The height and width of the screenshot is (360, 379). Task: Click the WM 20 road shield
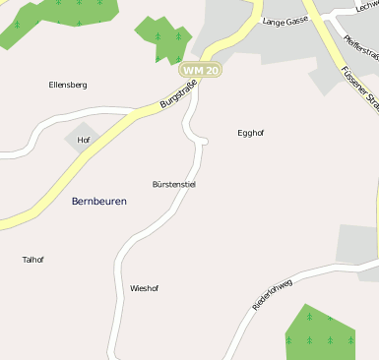click(x=200, y=71)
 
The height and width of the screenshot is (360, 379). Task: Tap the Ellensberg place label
click(x=68, y=86)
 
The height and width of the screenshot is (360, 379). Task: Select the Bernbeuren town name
click(x=99, y=201)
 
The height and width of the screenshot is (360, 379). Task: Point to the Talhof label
click(x=32, y=260)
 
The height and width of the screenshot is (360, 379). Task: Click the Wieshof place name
click(x=144, y=288)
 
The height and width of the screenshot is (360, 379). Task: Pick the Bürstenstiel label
click(x=174, y=184)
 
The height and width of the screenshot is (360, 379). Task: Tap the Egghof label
click(x=251, y=132)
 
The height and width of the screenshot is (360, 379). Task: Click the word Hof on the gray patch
click(x=83, y=140)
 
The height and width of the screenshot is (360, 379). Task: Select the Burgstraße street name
click(x=179, y=96)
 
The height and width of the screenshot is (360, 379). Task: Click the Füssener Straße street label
click(x=358, y=85)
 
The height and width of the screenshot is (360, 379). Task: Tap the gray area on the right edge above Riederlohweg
click(x=358, y=245)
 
